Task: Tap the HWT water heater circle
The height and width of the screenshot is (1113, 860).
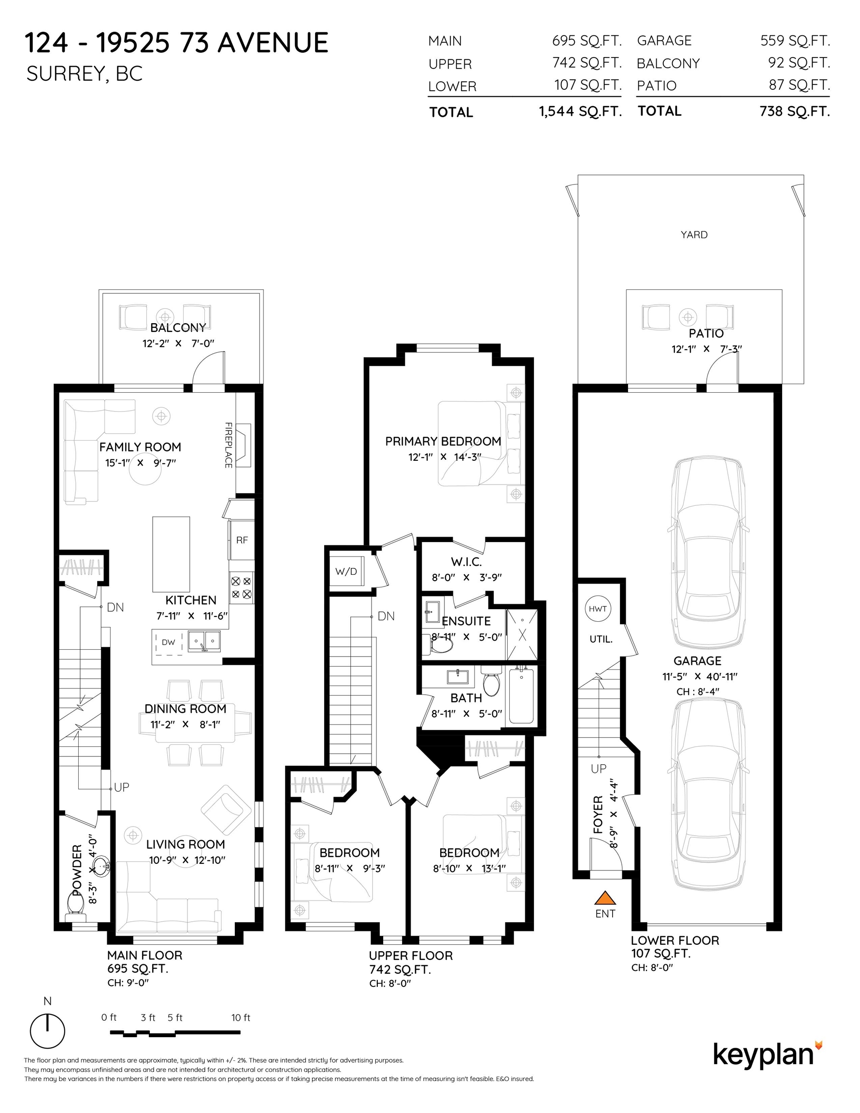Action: tap(598, 609)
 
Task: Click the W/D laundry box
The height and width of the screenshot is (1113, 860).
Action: tap(346, 571)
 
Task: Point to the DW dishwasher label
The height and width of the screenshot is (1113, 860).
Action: tap(168, 642)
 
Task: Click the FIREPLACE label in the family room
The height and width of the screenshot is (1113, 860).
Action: tap(229, 445)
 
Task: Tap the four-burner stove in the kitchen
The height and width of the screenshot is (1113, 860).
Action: tap(242, 587)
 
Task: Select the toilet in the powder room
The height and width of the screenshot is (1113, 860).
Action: tap(76, 905)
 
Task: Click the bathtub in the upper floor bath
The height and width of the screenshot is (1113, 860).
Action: tap(521, 696)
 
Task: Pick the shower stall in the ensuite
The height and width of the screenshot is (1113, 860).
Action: tap(522, 634)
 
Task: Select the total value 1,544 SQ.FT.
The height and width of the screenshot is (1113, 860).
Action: tap(580, 111)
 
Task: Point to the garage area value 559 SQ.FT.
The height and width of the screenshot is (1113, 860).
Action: tap(795, 40)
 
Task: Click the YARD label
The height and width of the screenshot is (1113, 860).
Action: tap(694, 234)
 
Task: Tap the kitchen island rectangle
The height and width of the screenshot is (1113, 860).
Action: tap(172, 555)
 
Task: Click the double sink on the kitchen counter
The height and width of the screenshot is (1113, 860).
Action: tap(204, 641)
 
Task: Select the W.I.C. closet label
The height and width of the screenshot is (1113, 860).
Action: tap(466, 562)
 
